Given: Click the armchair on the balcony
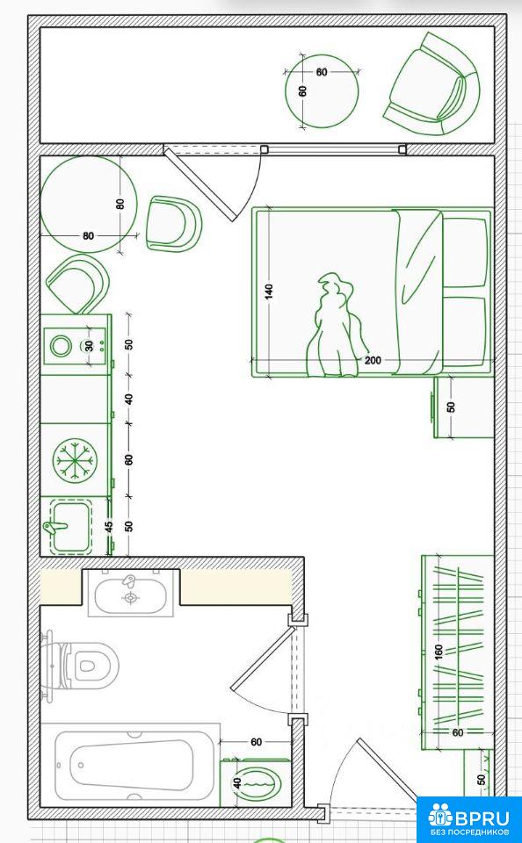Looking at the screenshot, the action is [x=432, y=84].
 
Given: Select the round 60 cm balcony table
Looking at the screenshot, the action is [x=322, y=91].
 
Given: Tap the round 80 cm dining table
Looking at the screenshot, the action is [x=89, y=205].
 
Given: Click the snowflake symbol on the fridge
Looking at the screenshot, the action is [x=76, y=459].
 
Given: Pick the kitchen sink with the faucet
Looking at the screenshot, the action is [x=70, y=526].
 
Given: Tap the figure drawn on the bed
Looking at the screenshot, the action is [x=335, y=327].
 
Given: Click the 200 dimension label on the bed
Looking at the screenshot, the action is [x=373, y=360].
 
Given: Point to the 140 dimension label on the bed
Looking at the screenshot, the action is [x=269, y=292].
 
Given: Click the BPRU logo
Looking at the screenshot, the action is [x=469, y=819].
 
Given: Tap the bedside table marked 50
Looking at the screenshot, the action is [x=464, y=407].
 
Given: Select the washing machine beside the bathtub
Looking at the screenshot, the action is [x=256, y=782].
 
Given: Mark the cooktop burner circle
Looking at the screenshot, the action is [x=61, y=346].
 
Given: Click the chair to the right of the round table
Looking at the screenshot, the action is [x=173, y=224].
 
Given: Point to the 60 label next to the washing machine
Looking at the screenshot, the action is [x=256, y=743].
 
